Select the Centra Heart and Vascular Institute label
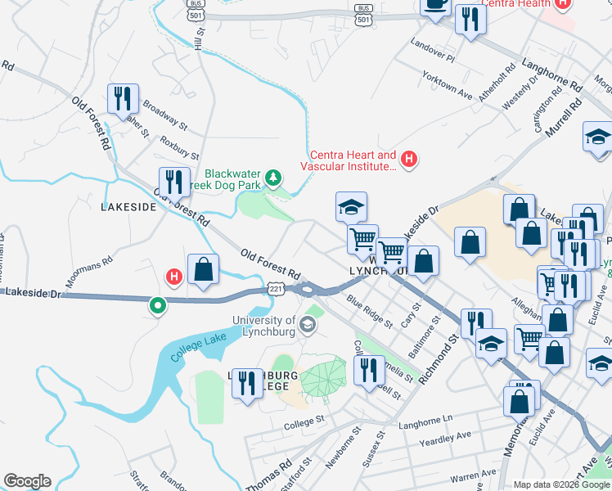point(353,160)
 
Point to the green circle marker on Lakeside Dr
point(157,306)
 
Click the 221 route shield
point(276,290)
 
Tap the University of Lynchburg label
point(274,326)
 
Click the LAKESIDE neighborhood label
point(128,208)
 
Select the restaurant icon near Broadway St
point(124,99)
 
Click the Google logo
point(27,481)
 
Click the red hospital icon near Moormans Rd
point(173,277)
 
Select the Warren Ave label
point(474,473)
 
